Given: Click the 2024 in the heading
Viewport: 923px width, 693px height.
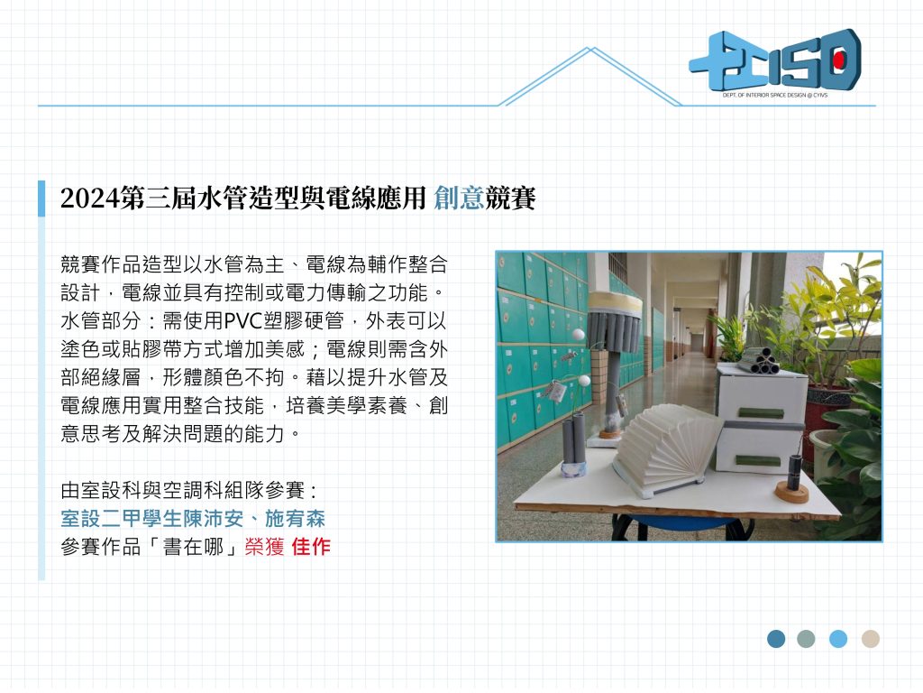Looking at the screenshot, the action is tap(89, 199).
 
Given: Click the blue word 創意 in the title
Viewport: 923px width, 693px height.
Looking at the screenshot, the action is tap(459, 198).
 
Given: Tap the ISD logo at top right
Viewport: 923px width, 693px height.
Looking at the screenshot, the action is tap(775, 61).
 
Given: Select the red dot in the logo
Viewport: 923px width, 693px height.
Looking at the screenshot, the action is tap(839, 60).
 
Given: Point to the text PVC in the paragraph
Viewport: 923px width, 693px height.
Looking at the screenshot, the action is tap(243, 321).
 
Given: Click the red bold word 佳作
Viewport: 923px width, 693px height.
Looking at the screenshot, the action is tap(311, 547).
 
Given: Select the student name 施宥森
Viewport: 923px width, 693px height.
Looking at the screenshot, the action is tap(295, 519).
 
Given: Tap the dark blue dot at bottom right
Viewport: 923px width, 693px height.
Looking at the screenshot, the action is tap(776, 639).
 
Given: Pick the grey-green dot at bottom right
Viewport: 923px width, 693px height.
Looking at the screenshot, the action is tap(806, 639).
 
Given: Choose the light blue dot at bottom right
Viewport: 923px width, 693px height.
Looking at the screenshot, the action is tap(838, 639).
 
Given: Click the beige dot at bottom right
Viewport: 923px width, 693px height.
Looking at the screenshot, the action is tap(871, 639).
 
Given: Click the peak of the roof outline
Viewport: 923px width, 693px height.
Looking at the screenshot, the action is tap(591, 49).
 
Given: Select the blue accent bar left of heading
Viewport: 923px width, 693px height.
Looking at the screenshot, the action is tap(41, 199).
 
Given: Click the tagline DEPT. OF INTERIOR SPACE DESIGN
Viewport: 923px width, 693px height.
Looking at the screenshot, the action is tap(775, 95).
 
